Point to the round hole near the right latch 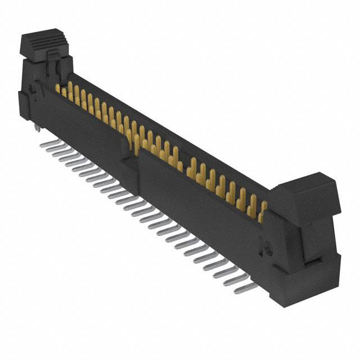pos(268,248)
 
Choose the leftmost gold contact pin pos(58,89)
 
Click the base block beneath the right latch pos(315,281)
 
